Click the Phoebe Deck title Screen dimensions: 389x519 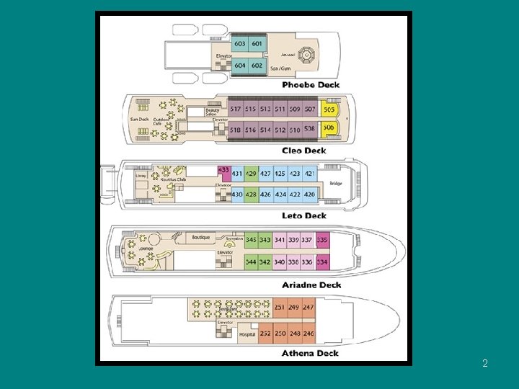[x=310, y=85]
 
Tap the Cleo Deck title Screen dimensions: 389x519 [x=303, y=151]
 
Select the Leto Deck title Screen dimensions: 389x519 [x=303, y=215]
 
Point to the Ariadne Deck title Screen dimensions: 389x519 [x=311, y=285]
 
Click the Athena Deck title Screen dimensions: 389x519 [x=310, y=353]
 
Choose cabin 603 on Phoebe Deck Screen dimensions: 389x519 [x=240, y=44]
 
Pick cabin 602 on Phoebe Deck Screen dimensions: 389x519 [x=257, y=65]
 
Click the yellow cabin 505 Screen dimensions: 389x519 [x=329, y=110]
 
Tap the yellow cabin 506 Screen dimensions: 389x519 [x=329, y=128]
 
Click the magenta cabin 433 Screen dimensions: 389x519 [x=223, y=170]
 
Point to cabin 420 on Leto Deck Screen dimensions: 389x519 [x=309, y=194]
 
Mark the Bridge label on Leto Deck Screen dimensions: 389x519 [x=337, y=183]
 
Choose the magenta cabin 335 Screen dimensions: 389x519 [x=322, y=240]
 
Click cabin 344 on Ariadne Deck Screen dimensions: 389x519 [x=251, y=262]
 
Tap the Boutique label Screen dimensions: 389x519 [x=201, y=237]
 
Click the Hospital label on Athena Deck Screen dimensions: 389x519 [x=247, y=334]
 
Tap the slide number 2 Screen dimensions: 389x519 [x=485, y=364]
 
